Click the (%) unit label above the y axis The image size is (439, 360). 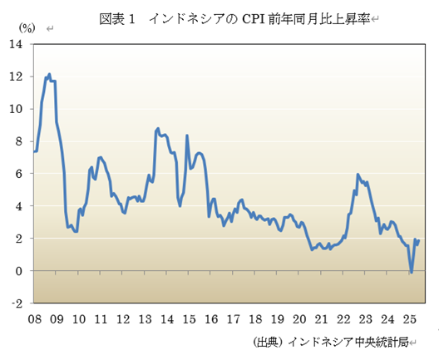click(x=27, y=28)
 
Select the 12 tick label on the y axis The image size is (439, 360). click(x=16, y=76)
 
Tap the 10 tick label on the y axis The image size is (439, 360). click(x=16, y=108)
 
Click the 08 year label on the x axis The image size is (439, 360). click(x=34, y=319)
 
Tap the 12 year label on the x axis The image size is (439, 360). click(x=122, y=319)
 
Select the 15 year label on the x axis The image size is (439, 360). click(x=189, y=319)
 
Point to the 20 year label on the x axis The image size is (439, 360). click(x=298, y=319)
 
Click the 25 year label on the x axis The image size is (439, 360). click(x=408, y=319)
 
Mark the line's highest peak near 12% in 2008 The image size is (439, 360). click(x=50, y=74)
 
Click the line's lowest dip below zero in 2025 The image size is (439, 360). click(x=411, y=273)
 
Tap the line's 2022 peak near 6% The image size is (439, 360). click(x=358, y=175)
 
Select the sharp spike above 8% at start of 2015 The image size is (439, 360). click(x=187, y=135)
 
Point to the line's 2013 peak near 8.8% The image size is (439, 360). click(x=158, y=129)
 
